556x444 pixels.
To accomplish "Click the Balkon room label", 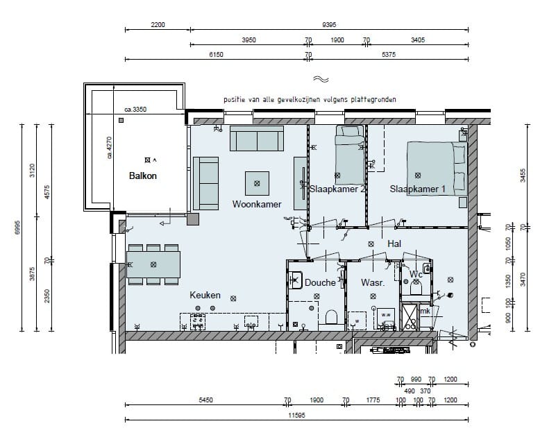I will [143, 176].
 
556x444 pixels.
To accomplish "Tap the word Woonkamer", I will [256, 205].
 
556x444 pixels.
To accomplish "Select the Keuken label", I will [205, 296].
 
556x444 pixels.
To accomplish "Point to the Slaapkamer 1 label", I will [418, 189].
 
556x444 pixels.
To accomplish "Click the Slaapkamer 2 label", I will [337, 189].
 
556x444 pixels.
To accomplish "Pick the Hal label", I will [395, 244].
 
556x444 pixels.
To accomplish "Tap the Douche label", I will [320, 282].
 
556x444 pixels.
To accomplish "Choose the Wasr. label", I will [373, 283].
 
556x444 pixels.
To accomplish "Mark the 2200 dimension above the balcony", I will [158, 24].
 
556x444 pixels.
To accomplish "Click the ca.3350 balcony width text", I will [135, 110].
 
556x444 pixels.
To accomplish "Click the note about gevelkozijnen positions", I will [310, 100].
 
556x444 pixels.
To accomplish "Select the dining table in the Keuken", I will [153, 264].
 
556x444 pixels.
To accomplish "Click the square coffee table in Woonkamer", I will [258, 183].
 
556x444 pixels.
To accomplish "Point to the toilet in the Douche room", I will [330, 317].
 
